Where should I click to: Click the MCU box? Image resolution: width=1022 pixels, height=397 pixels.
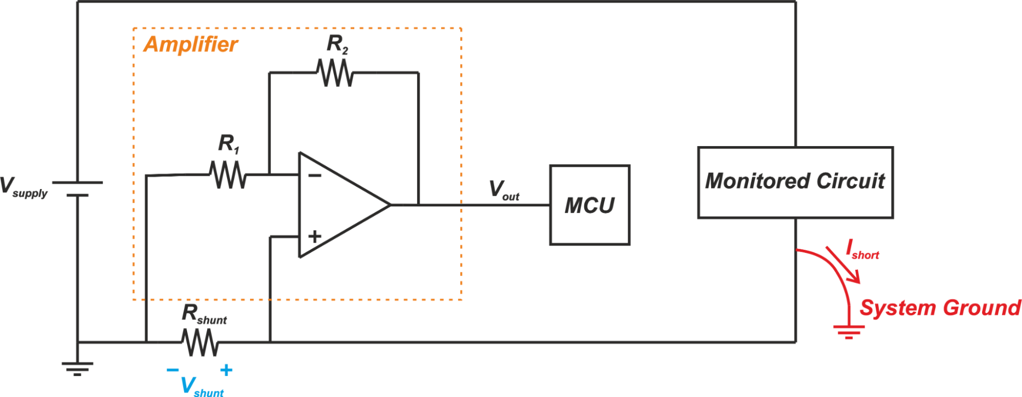[x=589, y=205]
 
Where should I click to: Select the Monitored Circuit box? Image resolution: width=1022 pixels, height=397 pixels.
[x=795, y=182]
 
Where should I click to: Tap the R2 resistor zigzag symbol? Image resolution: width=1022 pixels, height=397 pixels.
[x=335, y=73]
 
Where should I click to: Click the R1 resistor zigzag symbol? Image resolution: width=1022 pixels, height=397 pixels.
[x=228, y=175]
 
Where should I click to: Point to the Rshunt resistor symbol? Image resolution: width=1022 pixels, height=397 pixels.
[x=200, y=342]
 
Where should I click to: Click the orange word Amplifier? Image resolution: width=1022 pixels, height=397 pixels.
[x=190, y=44]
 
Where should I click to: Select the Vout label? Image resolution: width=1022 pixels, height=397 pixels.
[x=504, y=190]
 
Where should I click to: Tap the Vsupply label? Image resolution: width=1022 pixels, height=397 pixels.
[x=24, y=187]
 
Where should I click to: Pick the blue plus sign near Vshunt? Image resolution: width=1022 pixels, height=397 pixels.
[x=226, y=370]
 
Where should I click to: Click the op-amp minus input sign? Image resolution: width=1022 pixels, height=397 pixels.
[x=315, y=176]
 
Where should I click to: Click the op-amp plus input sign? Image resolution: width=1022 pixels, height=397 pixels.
[x=315, y=236]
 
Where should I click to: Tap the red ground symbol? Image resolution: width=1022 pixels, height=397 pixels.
[x=849, y=332]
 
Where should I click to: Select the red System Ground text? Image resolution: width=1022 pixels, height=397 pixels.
[x=940, y=308]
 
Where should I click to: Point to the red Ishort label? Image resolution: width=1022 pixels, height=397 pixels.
[x=862, y=250]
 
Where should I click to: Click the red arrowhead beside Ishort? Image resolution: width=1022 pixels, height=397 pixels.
[x=854, y=277]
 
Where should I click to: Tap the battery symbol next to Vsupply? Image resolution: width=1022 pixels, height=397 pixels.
[x=77, y=189]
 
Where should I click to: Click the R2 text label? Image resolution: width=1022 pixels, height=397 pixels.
[x=337, y=44]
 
